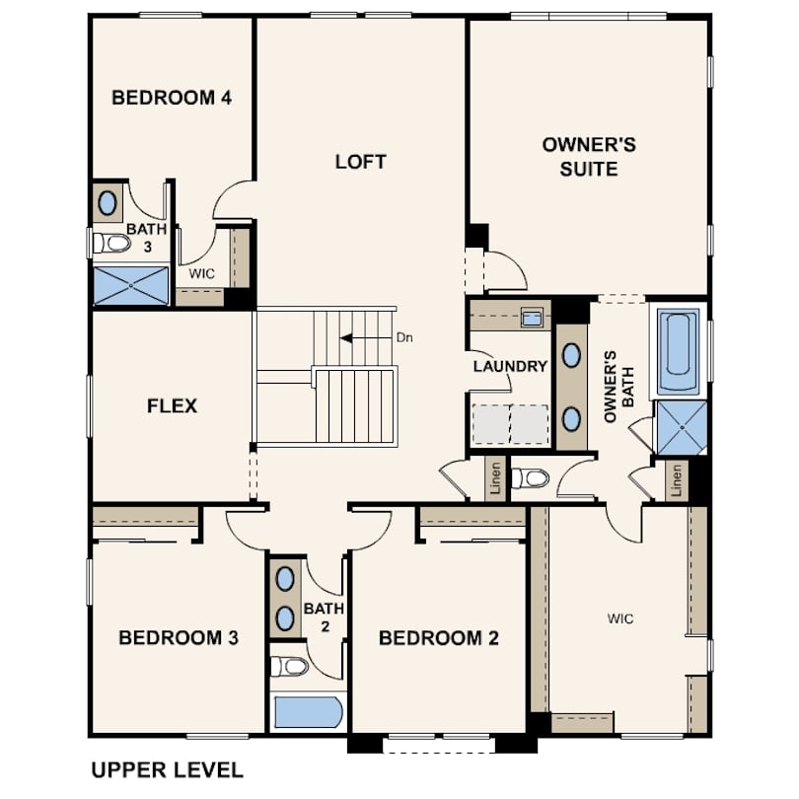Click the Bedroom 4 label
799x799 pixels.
click(x=172, y=98)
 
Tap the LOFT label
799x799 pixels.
click(x=360, y=162)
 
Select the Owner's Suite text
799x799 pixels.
click(x=589, y=157)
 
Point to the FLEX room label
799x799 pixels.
click(x=172, y=406)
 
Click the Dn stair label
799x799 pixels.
click(x=404, y=337)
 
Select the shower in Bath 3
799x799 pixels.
click(x=131, y=285)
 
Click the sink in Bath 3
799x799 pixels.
click(x=107, y=203)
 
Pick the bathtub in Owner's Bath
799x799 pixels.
click(x=678, y=351)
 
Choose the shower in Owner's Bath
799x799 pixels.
click(x=682, y=427)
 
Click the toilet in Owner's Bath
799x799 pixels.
click(x=531, y=478)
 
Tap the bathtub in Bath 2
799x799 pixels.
click(x=307, y=712)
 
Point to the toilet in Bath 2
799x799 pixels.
click(x=289, y=666)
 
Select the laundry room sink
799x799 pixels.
click(x=532, y=318)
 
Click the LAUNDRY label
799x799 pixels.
click(x=510, y=366)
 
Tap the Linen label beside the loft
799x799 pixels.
click(x=495, y=478)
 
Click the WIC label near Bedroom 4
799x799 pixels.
click(x=202, y=273)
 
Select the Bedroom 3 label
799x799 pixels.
click(x=179, y=637)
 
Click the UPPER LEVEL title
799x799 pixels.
click(x=167, y=770)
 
